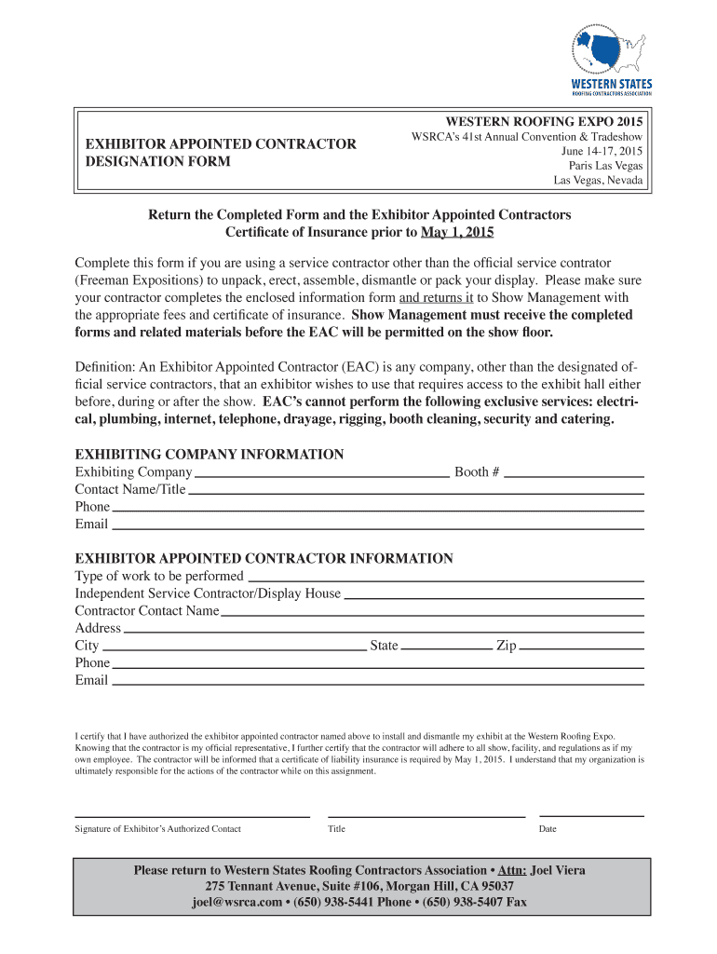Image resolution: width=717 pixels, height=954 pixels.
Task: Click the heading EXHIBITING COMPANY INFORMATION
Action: click(210, 455)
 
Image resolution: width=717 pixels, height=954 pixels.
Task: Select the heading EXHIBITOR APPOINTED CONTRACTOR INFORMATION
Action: click(264, 559)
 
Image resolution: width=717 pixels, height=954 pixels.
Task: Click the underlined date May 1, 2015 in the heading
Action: click(457, 231)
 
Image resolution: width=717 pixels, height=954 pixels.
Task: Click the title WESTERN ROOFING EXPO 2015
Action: click(544, 122)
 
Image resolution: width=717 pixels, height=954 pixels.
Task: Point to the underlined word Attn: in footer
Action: click(512, 870)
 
